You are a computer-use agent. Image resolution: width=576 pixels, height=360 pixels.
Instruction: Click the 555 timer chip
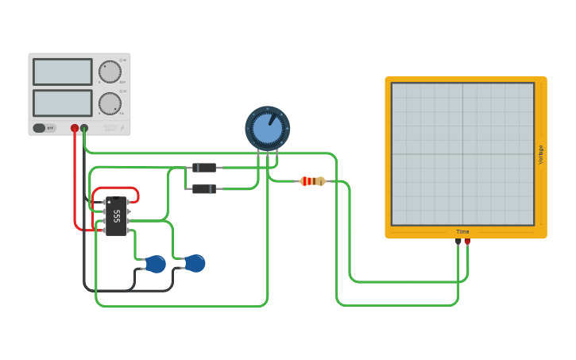click(116, 216)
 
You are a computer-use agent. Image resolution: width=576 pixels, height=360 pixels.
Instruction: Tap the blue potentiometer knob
click(267, 128)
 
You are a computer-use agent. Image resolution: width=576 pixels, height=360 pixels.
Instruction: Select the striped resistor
click(312, 181)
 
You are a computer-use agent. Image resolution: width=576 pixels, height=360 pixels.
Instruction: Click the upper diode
click(204, 168)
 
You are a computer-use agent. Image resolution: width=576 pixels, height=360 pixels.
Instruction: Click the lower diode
click(204, 189)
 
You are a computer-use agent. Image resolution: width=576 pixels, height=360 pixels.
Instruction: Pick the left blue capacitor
click(156, 264)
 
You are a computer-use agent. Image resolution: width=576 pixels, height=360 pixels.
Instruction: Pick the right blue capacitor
click(195, 263)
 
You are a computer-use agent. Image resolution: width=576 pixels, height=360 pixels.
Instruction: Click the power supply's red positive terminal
click(75, 128)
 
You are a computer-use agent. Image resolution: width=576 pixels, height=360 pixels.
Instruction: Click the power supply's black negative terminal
click(84, 128)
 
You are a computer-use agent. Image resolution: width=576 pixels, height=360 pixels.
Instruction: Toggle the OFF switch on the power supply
click(44, 128)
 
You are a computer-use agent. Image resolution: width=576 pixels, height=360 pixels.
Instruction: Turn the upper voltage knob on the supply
click(110, 72)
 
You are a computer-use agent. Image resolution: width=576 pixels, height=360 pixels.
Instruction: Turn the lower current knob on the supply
click(110, 103)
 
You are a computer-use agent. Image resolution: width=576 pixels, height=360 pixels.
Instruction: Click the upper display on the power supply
click(63, 72)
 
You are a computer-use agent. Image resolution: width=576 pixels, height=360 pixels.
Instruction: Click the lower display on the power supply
click(63, 103)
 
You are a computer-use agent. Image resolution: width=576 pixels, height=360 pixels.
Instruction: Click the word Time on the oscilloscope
click(462, 232)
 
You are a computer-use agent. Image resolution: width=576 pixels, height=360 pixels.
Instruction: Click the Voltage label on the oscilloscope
click(541, 154)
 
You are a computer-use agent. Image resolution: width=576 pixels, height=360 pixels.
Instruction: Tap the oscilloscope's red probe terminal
click(467, 242)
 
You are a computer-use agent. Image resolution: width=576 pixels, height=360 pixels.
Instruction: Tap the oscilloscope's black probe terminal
click(458, 242)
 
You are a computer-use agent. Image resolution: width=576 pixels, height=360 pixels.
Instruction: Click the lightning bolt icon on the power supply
click(122, 128)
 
